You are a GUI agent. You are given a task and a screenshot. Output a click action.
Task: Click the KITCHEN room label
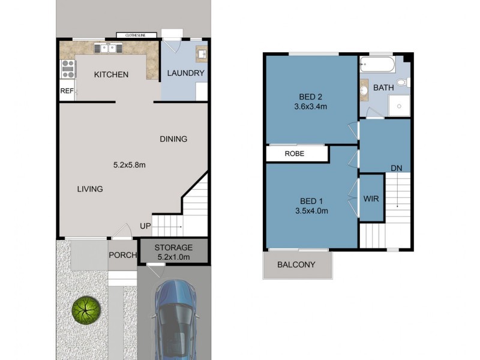pos(111,75)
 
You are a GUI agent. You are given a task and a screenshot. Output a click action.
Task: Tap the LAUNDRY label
pos(185,74)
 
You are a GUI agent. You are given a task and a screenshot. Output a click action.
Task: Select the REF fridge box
pos(67,91)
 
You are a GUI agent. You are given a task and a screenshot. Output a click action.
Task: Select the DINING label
pos(173,139)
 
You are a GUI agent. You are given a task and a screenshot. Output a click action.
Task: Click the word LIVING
pos(90,189)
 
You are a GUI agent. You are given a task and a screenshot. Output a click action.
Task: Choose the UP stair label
pos(145,226)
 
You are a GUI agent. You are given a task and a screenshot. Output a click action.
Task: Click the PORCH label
pos(122,255)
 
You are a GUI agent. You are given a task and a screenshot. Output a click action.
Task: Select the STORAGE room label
pos(173,247)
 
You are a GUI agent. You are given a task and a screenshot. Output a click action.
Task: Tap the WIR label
pos(371,198)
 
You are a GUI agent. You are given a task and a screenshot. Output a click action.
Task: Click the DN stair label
pos(396,168)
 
